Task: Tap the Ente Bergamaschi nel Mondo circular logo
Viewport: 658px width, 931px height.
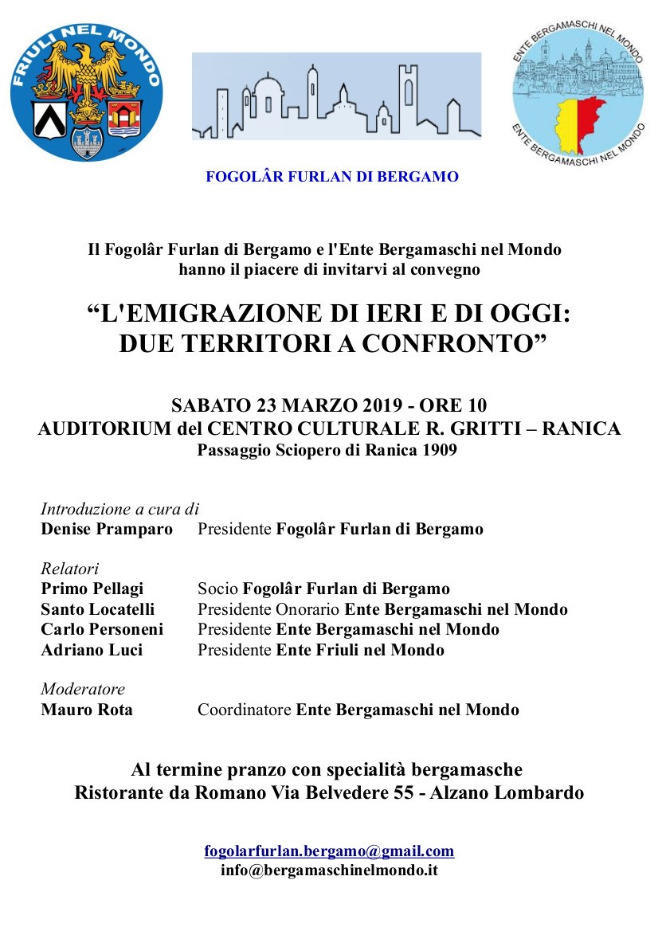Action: [x=578, y=95]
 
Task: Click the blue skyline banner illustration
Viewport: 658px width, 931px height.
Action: [x=336, y=96]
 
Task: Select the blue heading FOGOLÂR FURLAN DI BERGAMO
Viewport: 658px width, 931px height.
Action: [x=332, y=177]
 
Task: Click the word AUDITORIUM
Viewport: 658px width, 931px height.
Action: [x=105, y=428]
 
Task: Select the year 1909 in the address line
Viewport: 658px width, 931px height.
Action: [x=440, y=450]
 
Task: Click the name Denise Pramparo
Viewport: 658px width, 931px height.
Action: [x=106, y=529]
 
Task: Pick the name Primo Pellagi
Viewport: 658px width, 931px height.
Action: [x=92, y=589]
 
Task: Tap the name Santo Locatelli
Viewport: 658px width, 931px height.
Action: [x=97, y=609]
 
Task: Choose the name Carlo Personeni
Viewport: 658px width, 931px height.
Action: [x=102, y=629]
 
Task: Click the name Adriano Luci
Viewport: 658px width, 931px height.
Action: [x=92, y=650]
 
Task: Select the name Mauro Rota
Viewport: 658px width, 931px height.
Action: [x=87, y=710]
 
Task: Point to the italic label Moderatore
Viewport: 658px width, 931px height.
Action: [x=83, y=689]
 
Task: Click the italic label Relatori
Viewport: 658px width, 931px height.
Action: [x=69, y=569]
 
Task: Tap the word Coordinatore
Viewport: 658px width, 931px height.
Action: [x=245, y=710]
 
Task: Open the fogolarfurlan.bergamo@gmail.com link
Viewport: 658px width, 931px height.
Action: [x=329, y=851]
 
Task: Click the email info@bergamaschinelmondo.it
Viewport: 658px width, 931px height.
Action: [x=329, y=870]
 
